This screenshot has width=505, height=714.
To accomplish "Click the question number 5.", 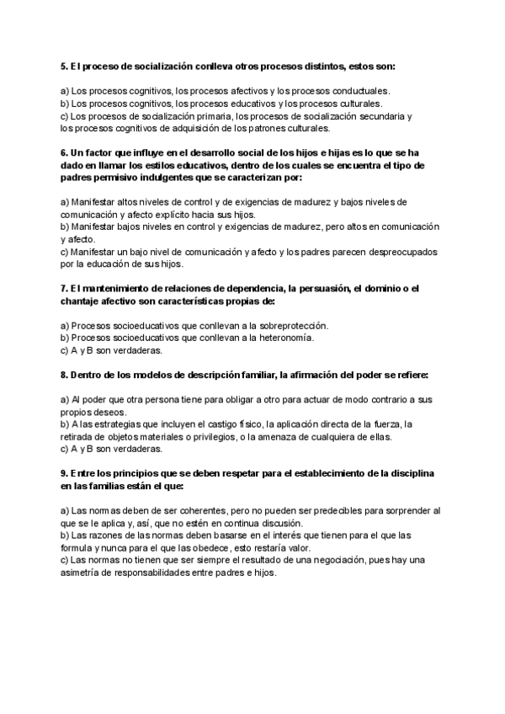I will point(64,66).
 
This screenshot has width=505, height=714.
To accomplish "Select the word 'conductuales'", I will point(360,91).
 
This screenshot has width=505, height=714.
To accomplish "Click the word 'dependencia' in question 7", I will point(250,289).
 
